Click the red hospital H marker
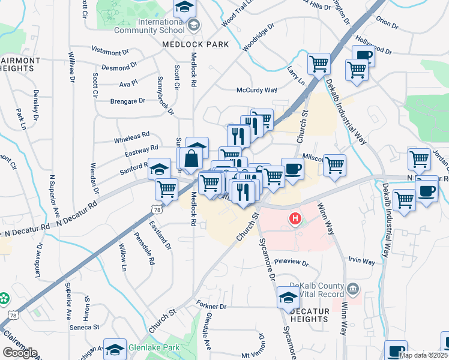(295, 219)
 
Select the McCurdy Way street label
(256, 90)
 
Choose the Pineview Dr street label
(291, 263)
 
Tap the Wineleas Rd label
(131, 139)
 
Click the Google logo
(20, 353)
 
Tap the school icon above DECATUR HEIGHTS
(288, 296)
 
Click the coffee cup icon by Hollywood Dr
(363, 56)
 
